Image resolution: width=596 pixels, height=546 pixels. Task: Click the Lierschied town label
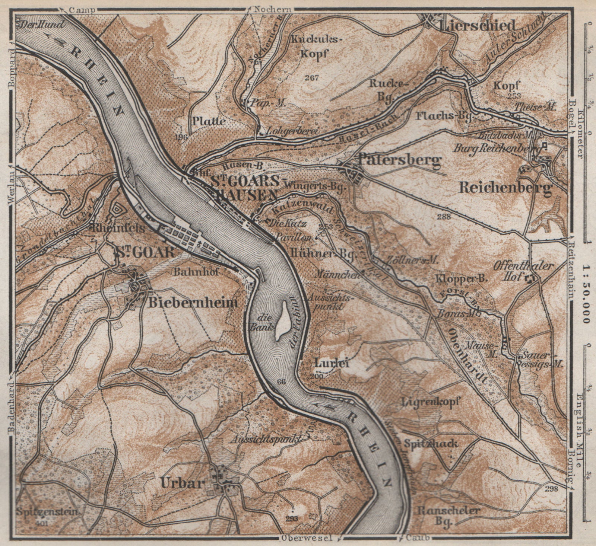point(478,26)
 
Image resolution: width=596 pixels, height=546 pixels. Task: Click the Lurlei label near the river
point(332,363)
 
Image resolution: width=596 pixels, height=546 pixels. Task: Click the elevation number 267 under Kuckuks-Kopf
point(311,78)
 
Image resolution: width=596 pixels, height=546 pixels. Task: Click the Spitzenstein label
point(47,511)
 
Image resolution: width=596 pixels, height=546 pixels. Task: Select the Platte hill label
point(209,121)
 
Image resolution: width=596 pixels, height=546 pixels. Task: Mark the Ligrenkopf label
point(431,402)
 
